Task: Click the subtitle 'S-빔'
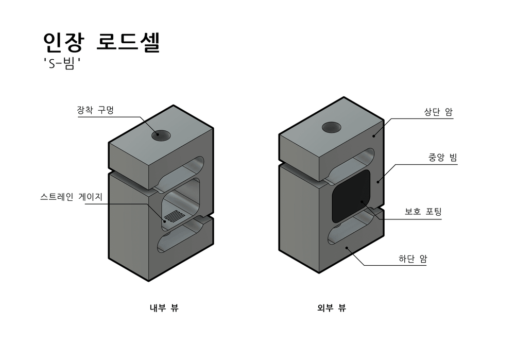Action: click(63, 66)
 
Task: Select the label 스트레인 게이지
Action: click(72, 197)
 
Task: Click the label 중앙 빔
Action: click(442, 158)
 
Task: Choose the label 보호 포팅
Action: click(423, 212)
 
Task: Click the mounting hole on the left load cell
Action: click(161, 135)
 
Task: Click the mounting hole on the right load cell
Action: click(332, 127)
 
